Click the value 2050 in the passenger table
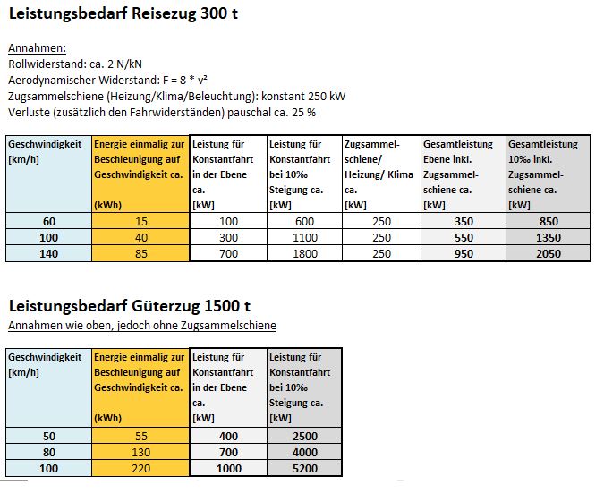(549, 253)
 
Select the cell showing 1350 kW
(549, 237)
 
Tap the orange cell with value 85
(141, 253)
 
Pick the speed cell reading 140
(49, 253)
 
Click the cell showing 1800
(305, 253)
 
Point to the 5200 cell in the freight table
(305, 468)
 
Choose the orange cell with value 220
(141, 468)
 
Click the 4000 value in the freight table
(305, 452)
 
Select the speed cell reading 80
(49, 452)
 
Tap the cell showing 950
(464, 253)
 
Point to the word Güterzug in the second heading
(164, 306)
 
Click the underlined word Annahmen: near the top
(37, 48)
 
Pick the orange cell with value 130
(141, 452)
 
